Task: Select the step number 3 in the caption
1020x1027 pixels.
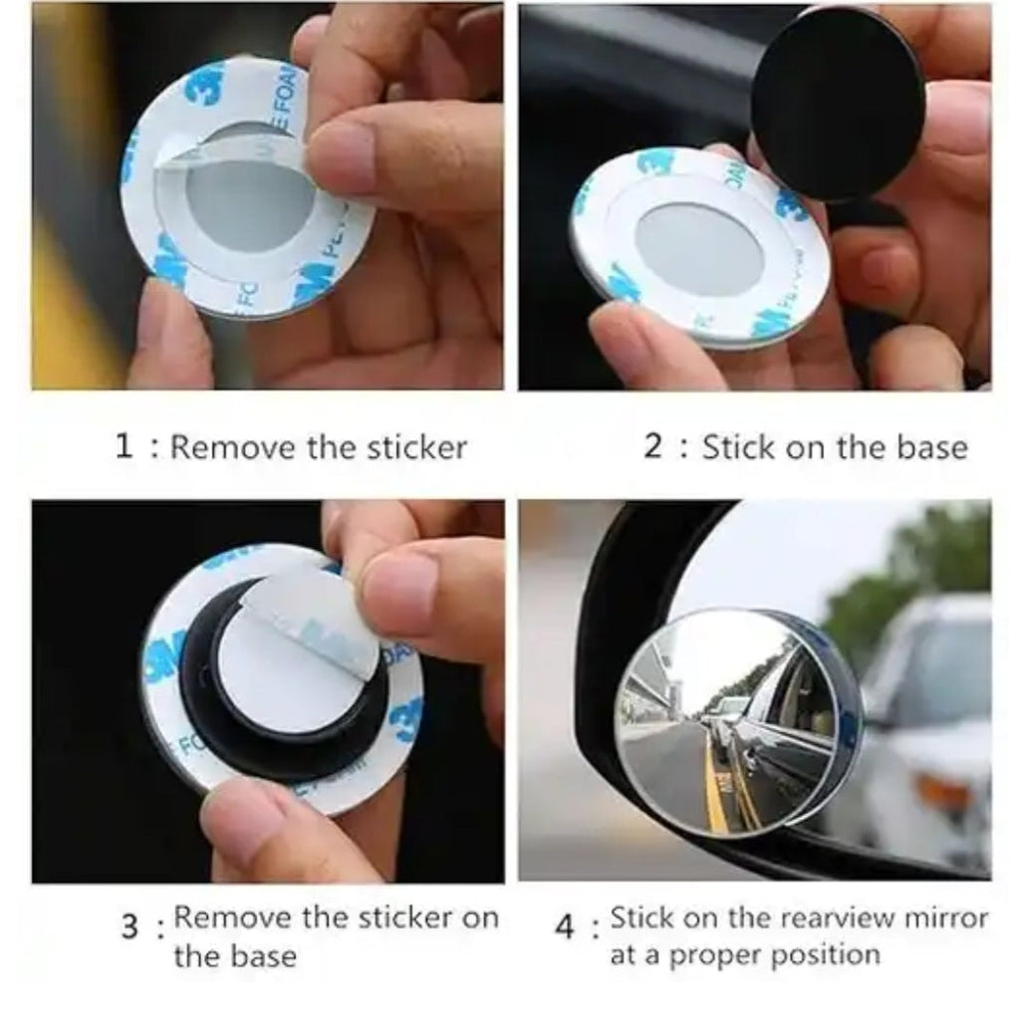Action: coord(129,927)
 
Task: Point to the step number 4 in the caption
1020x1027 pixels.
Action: coord(565,928)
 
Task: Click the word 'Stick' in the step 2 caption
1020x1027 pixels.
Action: coord(739,446)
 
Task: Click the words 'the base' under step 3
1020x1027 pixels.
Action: coord(235,956)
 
